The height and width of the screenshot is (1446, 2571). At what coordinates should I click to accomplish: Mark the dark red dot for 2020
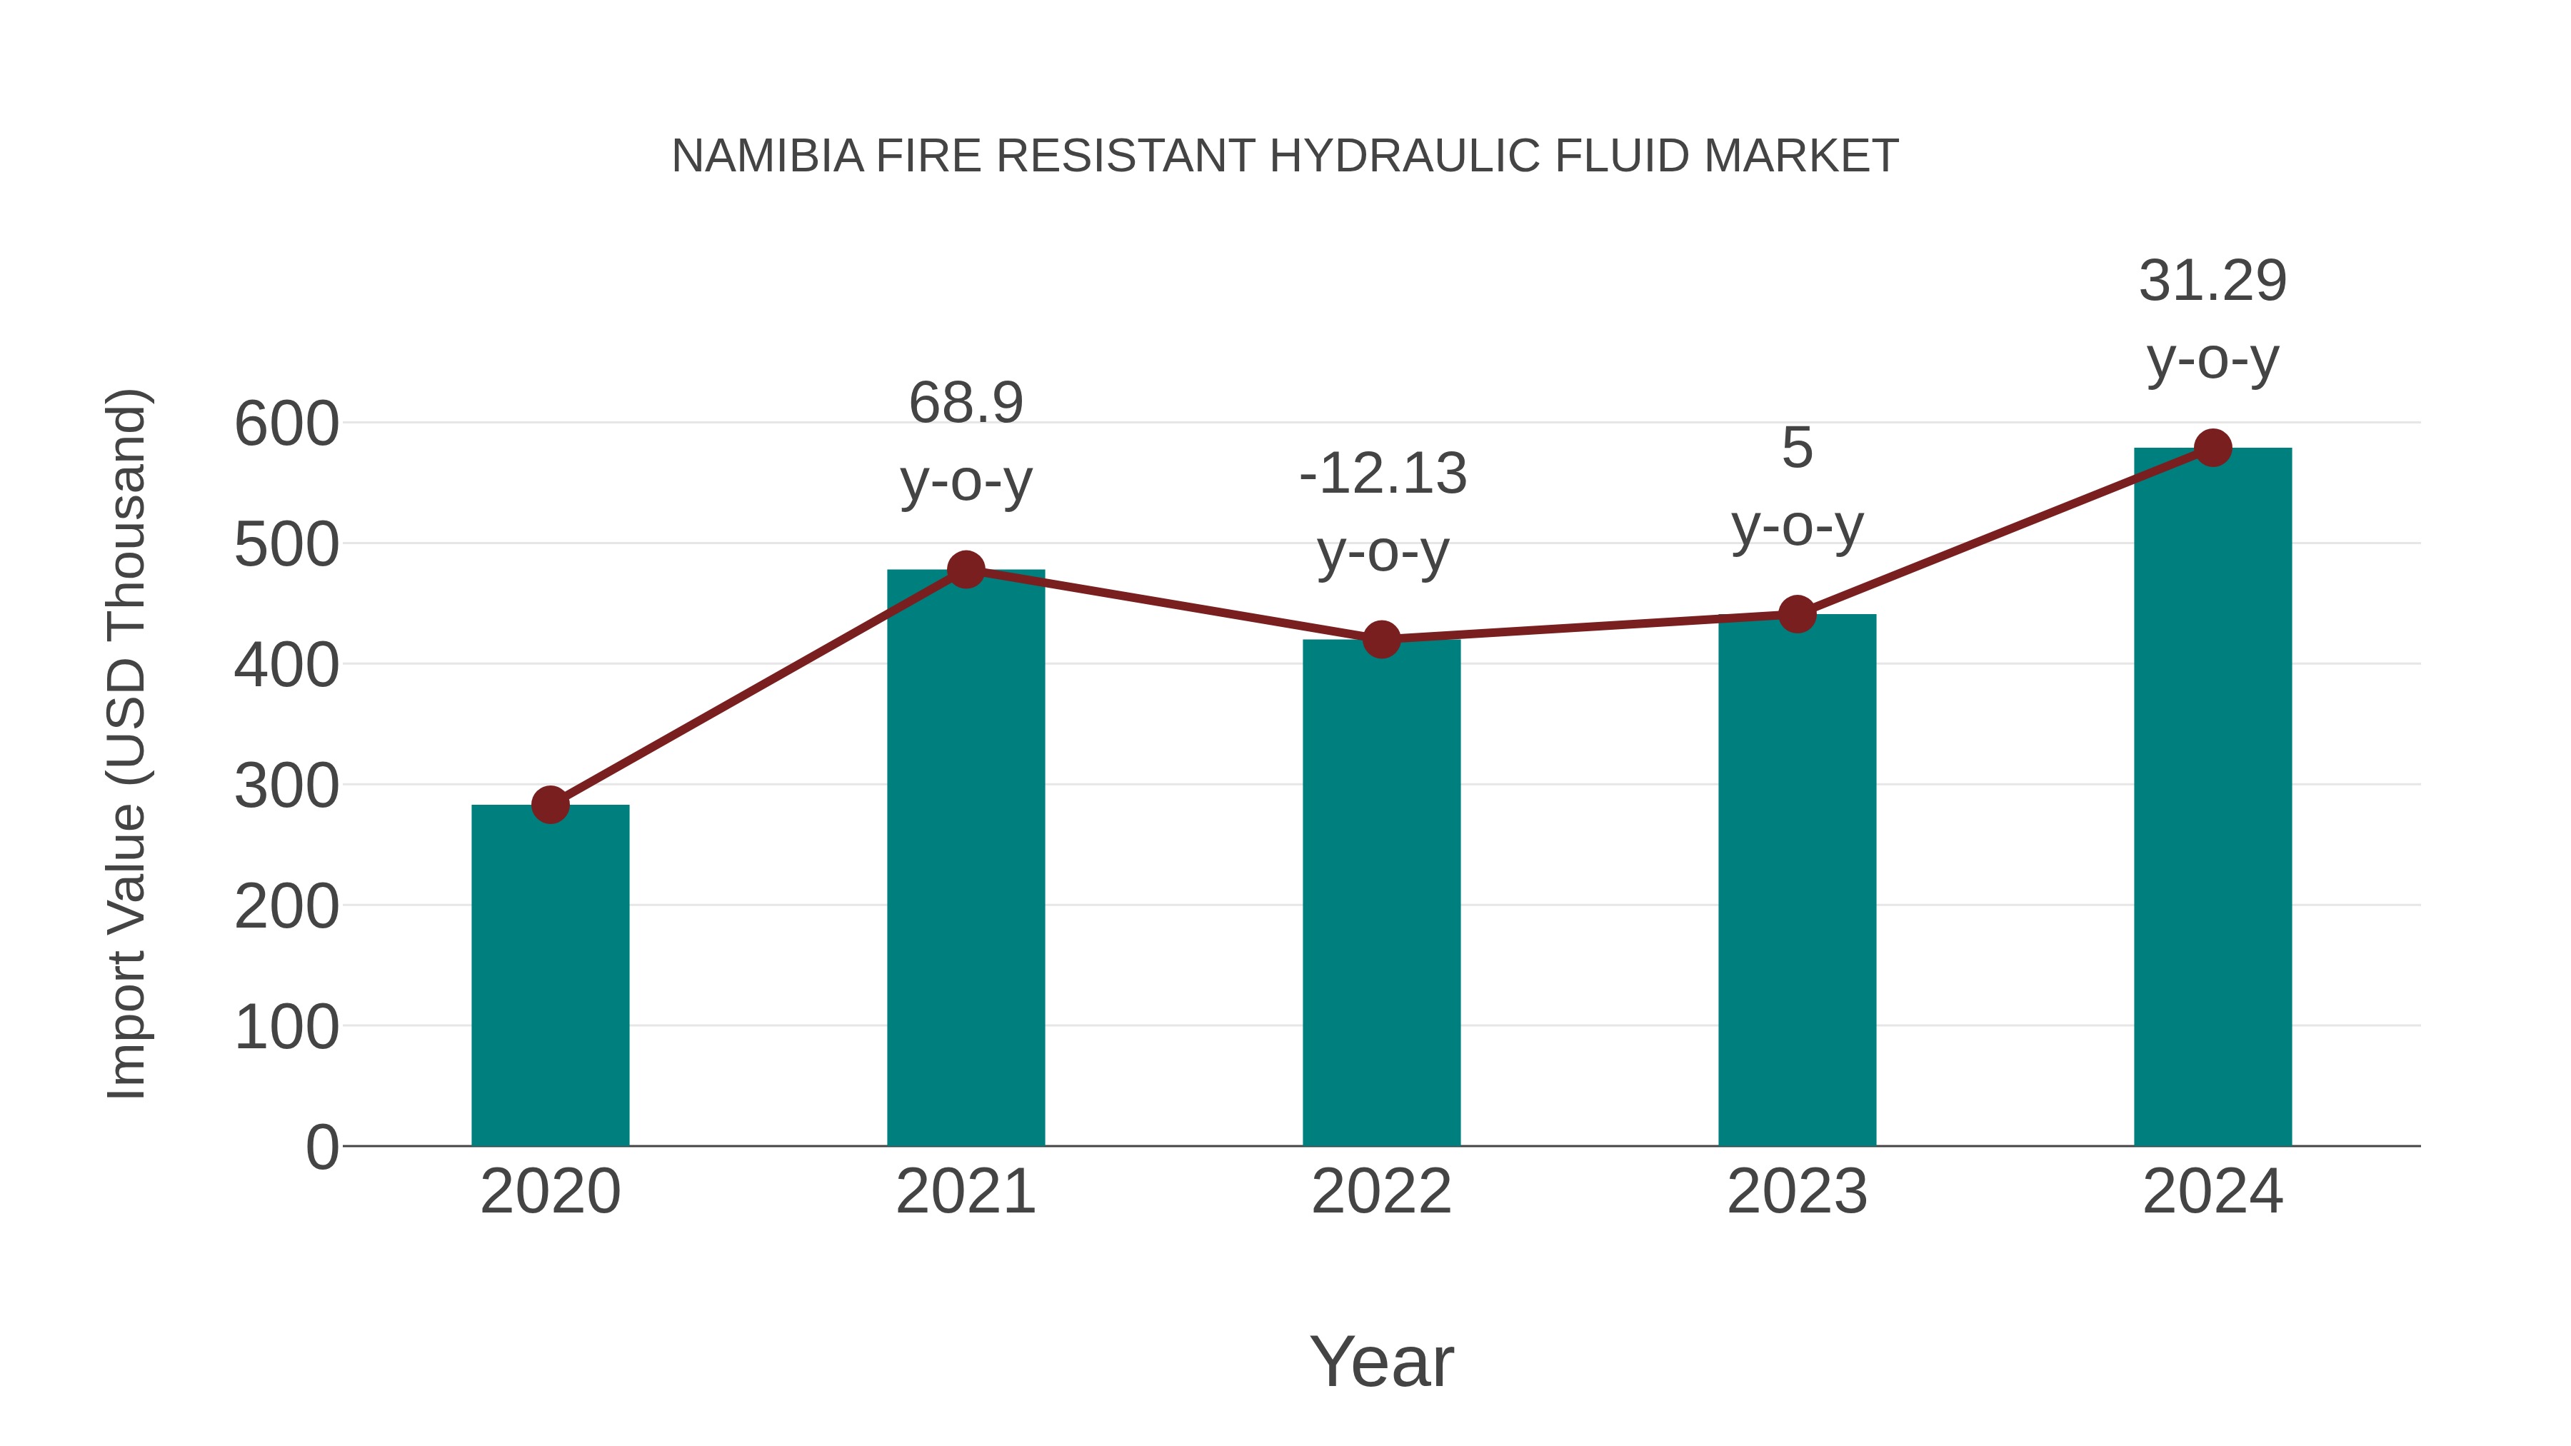tap(550, 804)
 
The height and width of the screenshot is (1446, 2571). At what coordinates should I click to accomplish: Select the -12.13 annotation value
tap(1383, 474)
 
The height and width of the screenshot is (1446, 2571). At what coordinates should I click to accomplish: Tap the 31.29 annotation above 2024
tap(2212, 281)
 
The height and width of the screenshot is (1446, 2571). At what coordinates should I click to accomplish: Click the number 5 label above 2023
tap(1797, 448)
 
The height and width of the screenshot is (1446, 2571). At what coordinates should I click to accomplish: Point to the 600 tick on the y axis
tap(286, 424)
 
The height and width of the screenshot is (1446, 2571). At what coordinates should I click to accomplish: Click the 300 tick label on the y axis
tap(286, 786)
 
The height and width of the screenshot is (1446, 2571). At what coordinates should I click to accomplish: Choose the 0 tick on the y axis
tap(321, 1148)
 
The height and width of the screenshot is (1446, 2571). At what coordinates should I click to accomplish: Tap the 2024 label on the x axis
tap(2212, 1193)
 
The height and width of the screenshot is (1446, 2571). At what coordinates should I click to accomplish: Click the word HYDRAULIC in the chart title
tap(1406, 156)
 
